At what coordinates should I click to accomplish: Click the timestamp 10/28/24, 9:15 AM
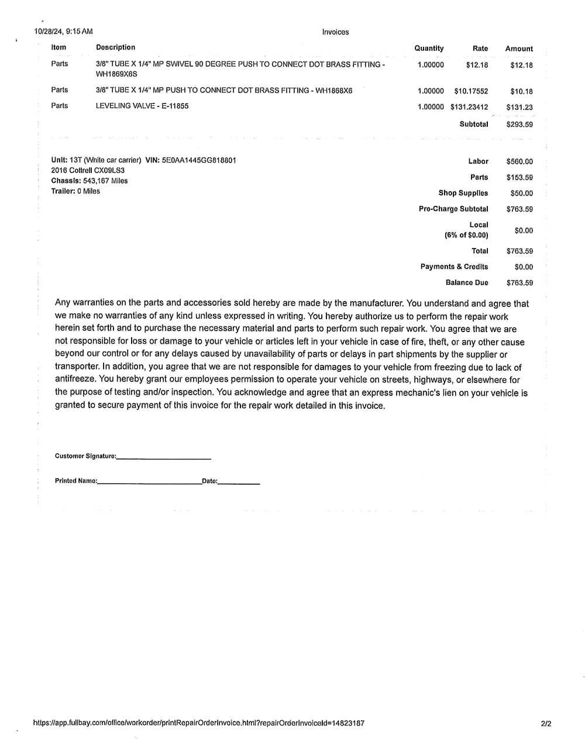coord(63,32)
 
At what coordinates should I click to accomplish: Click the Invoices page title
coord(335,32)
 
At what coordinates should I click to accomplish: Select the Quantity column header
coord(429,49)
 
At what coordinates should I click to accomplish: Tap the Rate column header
coord(480,49)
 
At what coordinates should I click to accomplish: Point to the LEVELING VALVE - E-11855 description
coord(142,106)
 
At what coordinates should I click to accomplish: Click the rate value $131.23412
coord(469,107)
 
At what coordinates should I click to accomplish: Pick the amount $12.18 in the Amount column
coord(521,65)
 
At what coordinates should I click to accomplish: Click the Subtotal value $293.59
coord(519,125)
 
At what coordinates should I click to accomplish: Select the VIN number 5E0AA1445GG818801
coord(199,160)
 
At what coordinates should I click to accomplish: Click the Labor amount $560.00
coord(519,161)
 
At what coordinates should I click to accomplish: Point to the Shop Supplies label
coord(463,193)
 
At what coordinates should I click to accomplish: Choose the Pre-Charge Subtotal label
coord(453,209)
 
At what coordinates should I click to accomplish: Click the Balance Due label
coord(466,282)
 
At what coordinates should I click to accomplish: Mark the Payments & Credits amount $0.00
coord(524,267)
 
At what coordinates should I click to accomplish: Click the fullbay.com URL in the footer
coord(199,723)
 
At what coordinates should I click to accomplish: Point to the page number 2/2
coord(546,724)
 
